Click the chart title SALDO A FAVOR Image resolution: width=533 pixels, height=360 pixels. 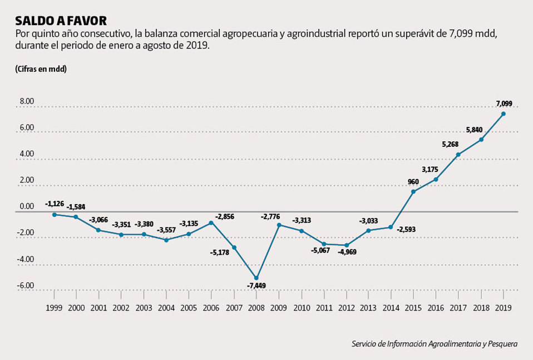click(61, 21)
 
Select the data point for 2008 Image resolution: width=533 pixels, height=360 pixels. click(256, 278)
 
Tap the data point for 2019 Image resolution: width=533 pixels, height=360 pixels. click(504, 114)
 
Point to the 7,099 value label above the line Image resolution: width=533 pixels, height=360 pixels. click(504, 103)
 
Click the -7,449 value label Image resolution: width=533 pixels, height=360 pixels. click(256, 287)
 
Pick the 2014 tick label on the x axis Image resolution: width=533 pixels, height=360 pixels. click(391, 307)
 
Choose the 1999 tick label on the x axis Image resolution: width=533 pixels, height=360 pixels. click(54, 307)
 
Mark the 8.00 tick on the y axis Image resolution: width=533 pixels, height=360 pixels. click(27, 102)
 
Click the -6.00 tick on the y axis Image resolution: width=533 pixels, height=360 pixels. click(26, 285)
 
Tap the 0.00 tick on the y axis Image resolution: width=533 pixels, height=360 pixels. click(27, 206)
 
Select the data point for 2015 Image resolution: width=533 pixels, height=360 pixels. click(413, 191)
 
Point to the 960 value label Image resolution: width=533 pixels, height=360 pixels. click(413, 181)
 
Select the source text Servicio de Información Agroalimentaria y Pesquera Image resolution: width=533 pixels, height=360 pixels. click(434, 344)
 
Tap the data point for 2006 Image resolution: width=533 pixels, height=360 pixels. click(211, 223)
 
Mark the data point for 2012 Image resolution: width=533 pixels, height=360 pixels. click(346, 245)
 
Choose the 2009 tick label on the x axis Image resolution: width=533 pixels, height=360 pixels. click(278, 307)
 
